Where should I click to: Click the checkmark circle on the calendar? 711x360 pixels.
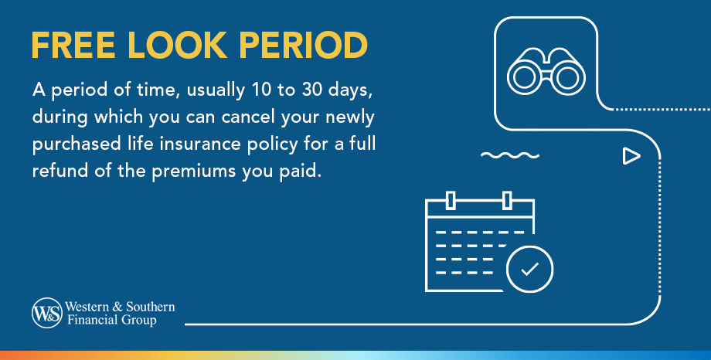529,269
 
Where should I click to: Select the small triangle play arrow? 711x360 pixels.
631,157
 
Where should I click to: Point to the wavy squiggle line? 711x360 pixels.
509,156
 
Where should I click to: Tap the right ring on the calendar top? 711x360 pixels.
507,200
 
